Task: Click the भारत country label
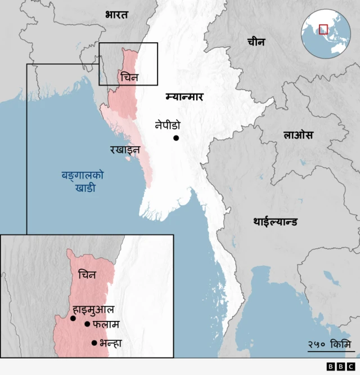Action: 116,15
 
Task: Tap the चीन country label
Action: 255,42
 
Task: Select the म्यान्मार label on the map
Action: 184,96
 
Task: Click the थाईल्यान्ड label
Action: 276,221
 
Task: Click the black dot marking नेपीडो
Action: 176,138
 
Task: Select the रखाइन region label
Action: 125,149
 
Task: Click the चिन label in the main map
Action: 129,77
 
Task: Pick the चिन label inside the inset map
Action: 87,275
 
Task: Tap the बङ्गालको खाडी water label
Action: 85,181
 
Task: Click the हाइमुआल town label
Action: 94,309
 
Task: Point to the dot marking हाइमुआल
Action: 73,318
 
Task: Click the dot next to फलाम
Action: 87,324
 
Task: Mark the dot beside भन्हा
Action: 94,342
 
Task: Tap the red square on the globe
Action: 323,29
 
